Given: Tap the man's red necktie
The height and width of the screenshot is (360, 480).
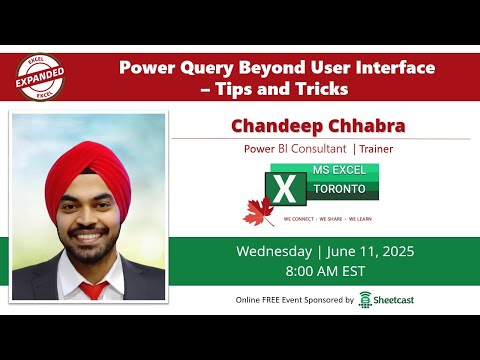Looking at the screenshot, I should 92,291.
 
